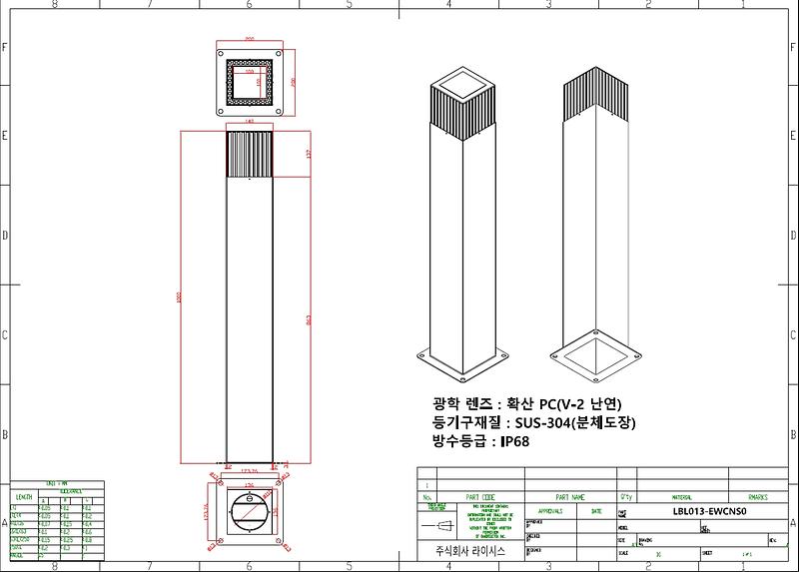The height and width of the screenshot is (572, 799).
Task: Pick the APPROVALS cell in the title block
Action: pos(550,509)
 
